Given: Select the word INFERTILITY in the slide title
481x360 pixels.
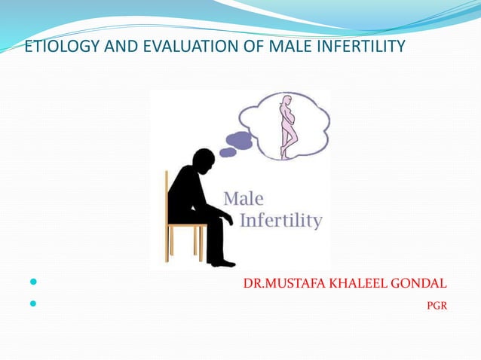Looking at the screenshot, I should point(357,47).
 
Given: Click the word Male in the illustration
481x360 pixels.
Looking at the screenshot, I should point(244,199).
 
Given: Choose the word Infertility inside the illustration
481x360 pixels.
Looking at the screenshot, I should point(280,221).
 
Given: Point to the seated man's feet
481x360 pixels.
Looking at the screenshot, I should point(220,262).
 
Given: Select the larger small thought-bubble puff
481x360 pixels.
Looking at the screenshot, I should point(239,140).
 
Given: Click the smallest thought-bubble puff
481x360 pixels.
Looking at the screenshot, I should point(227,152).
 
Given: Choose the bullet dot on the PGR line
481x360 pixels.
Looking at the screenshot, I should point(32,305).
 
